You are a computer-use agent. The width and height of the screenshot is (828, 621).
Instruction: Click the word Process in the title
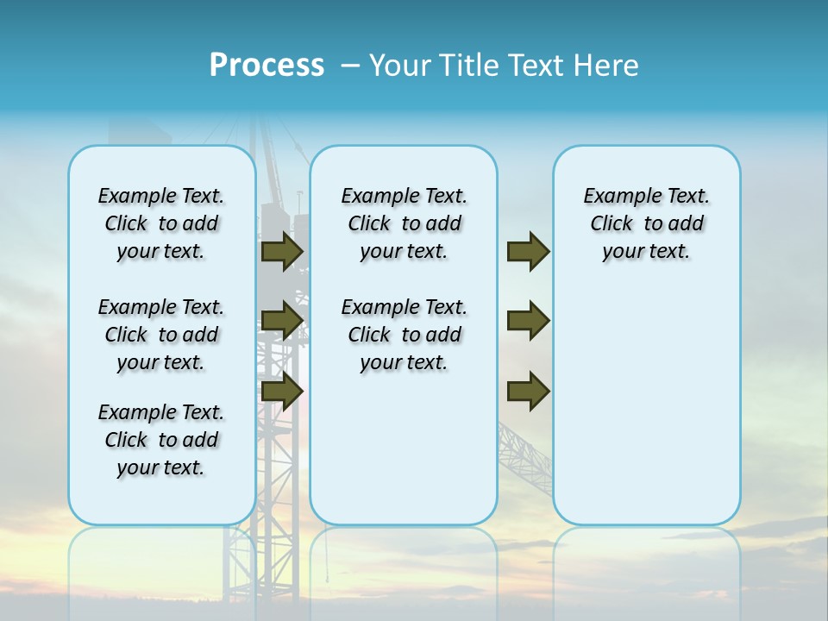(x=267, y=66)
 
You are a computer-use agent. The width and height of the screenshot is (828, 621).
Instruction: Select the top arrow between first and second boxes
(x=281, y=252)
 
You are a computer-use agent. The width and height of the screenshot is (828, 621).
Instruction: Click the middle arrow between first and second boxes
(x=281, y=321)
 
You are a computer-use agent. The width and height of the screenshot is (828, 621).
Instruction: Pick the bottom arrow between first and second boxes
(x=281, y=391)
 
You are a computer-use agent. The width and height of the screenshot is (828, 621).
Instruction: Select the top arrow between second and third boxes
(x=528, y=252)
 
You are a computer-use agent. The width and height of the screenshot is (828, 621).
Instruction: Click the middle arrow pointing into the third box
(x=528, y=321)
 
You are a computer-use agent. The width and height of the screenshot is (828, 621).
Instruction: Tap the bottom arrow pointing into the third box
(x=528, y=391)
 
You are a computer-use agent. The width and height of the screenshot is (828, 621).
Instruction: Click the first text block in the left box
(x=161, y=223)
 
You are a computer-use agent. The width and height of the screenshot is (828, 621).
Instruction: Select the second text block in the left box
(x=161, y=335)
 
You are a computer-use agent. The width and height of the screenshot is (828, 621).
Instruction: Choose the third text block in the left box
(x=161, y=440)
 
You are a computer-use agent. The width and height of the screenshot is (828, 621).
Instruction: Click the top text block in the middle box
(x=404, y=223)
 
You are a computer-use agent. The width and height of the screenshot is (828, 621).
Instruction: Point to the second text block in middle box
(x=404, y=335)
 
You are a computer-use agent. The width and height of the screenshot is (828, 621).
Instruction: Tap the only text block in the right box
(x=646, y=223)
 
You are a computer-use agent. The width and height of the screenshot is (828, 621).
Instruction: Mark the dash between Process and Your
(x=349, y=66)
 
